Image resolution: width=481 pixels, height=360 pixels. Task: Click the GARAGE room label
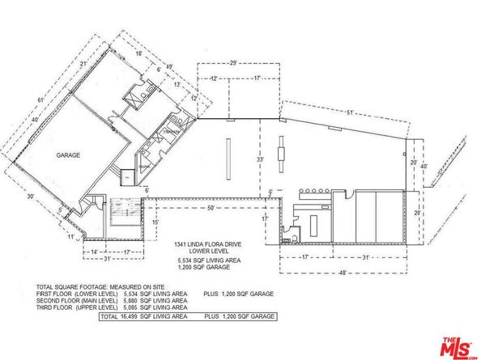[x=67, y=155]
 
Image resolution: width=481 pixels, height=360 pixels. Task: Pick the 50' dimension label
[x=211, y=209]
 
